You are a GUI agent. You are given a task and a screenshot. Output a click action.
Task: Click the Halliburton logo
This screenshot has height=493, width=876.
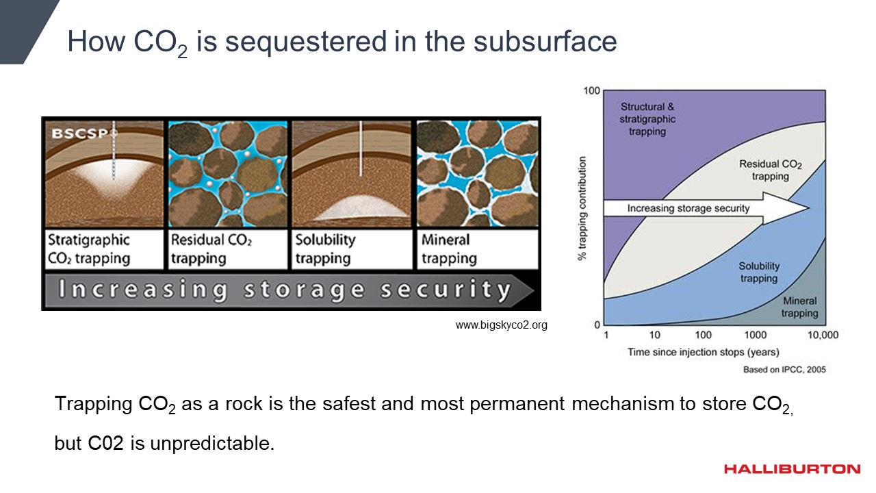(x=792, y=469)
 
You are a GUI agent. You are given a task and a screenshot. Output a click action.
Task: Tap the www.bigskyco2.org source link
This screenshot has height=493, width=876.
(x=501, y=325)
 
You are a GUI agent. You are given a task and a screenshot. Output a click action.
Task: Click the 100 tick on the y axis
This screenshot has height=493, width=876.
(x=591, y=91)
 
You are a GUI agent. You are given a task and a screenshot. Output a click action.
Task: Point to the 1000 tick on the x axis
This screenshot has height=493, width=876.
(x=755, y=335)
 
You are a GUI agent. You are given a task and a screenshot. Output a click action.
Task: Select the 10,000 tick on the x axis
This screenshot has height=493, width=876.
(x=823, y=335)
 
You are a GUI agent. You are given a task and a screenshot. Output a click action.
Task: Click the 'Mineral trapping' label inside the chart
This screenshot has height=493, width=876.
(x=799, y=307)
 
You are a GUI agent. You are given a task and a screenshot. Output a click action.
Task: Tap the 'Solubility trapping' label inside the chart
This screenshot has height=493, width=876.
(x=759, y=272)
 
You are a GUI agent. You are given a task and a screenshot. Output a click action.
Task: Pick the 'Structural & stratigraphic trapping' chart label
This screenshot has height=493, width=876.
(x=647, y=118)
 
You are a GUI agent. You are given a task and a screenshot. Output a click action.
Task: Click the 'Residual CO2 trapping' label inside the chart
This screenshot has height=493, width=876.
(x=770, y=170)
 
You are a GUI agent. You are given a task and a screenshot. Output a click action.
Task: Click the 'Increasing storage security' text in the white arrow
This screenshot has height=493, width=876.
(x=688, y=208)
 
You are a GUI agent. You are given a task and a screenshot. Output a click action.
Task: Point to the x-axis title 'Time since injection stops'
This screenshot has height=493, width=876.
(x=703, y=353)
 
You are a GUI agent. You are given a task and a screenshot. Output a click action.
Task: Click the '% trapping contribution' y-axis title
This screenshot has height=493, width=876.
(x=582, y=208)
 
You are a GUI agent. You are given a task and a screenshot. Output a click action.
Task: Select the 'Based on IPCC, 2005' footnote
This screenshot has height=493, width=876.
(x=784, y=370)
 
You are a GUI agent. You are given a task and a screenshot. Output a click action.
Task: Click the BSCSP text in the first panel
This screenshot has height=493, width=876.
(x=79, y=134)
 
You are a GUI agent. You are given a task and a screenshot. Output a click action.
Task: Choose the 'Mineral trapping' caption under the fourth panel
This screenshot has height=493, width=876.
(x=477, y=249)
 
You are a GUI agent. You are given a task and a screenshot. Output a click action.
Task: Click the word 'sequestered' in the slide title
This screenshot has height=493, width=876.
(x=305, y=42)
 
